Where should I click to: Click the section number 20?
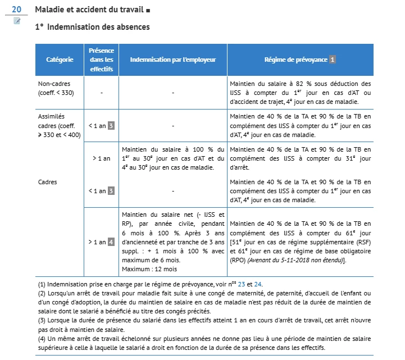pos(16,10)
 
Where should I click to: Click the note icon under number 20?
pos(17,21)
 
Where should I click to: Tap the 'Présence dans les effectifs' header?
pos(102,59)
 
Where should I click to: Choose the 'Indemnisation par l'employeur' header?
pos(172,59)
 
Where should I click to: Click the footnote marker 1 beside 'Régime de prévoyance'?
pos(333,59)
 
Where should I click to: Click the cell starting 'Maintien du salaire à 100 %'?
pos(172,159)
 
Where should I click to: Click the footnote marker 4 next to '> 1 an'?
pos(111,242)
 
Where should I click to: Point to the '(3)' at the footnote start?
pos(42,320)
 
